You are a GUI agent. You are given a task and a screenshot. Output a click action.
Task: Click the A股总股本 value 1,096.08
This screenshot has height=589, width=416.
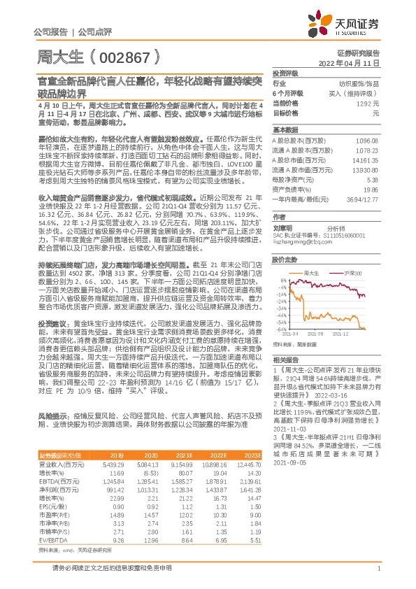(x=368, y=141)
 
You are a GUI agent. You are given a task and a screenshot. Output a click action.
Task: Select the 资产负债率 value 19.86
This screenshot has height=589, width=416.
(x=371, y=189)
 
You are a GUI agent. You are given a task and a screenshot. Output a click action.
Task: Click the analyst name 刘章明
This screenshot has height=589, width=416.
(x=282, y=227)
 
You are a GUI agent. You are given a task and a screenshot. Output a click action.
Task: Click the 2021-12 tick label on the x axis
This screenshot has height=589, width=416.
(x=352, y=334)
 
